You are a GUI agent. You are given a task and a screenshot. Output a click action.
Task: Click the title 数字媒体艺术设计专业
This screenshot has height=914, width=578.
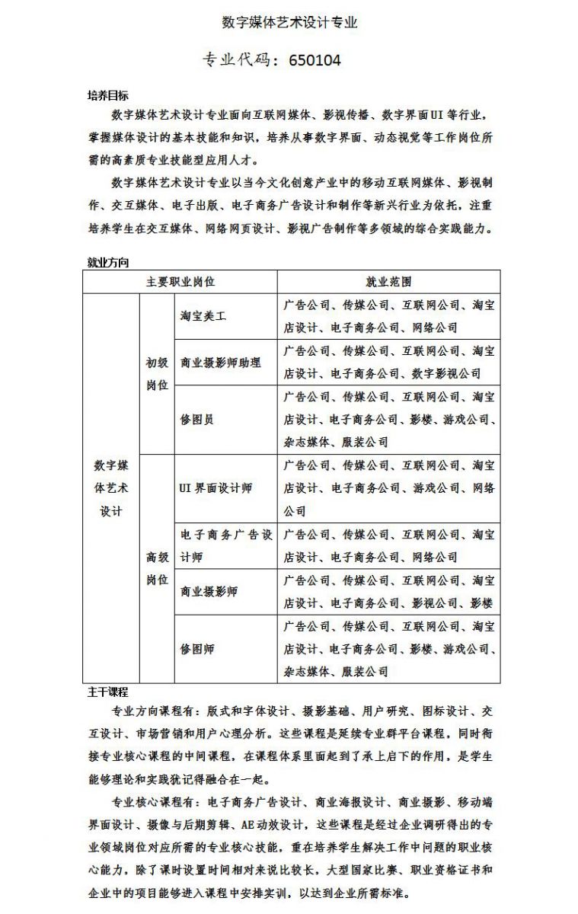coord(289,22)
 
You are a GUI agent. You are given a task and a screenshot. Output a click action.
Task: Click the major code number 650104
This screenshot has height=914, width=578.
coord(315,60)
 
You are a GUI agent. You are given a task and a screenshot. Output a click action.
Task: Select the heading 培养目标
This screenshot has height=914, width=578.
coord(108,96)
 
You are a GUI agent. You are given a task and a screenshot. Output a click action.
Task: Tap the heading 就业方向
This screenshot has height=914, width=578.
coord(108,263)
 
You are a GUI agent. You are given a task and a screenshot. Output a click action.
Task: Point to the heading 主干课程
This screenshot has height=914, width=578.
coord(108,692)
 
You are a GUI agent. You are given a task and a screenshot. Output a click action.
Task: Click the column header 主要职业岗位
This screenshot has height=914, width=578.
coord(180,282)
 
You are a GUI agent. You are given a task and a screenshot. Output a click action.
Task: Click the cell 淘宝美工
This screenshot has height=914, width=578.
coord(203,315)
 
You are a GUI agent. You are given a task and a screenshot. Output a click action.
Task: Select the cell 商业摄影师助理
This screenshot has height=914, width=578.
coord(220,362)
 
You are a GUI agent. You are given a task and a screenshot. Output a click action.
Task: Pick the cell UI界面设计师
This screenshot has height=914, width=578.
coord(216,488)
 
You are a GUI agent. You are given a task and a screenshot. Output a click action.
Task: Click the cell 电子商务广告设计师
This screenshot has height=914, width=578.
coord(225,545)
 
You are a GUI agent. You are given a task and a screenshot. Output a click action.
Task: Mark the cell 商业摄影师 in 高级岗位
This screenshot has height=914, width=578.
coord(209,591)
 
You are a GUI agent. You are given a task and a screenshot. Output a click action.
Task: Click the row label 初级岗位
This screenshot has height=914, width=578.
coord(157,373)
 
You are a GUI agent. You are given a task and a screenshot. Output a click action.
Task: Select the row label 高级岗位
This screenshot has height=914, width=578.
coord(157,568)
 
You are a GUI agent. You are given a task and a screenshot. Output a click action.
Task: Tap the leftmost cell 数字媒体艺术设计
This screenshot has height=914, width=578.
coord(111,487)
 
